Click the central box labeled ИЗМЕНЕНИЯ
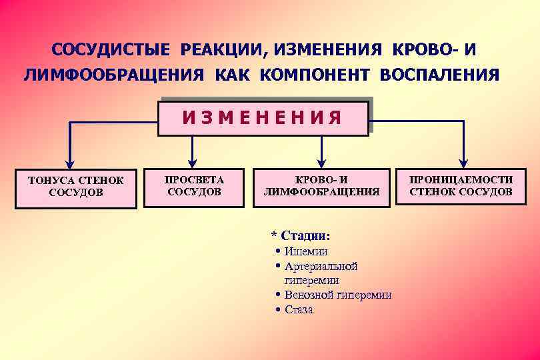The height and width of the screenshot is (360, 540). tap(263, 118)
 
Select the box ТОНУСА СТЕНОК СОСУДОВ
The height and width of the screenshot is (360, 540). tap(76, 187)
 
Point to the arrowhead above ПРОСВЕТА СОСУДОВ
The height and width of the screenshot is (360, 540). tap(192, 162)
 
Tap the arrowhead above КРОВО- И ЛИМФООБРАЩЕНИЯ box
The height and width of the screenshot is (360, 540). tap(321, 162)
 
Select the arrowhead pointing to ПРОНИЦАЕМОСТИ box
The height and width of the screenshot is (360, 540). tap(463, 162)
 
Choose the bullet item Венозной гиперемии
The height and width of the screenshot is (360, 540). tap(337, 295)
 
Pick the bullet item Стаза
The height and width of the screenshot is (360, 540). tap(299, 309)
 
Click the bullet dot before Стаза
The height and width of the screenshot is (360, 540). tap(277, 309)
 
